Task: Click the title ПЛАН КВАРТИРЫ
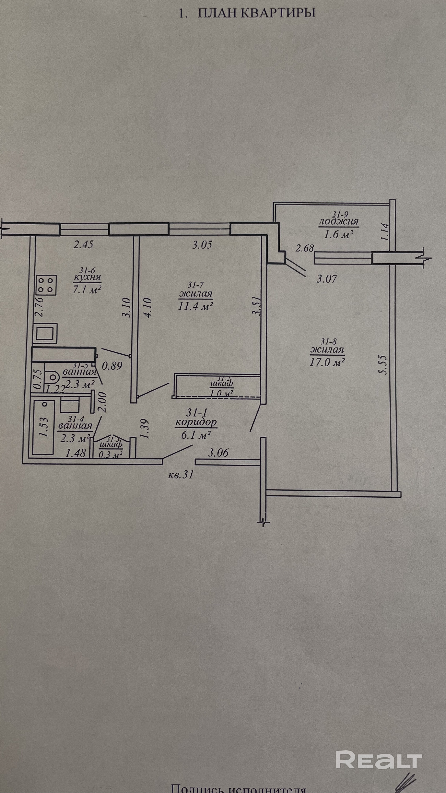tap(256, 14)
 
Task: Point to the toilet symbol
tap(52, 376)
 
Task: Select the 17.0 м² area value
tap(327, 362)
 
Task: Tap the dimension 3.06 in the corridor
tap(218, 453)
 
